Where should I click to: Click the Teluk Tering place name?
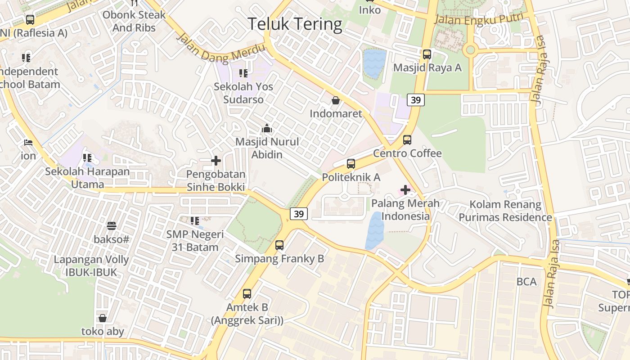click(x=295, y=23)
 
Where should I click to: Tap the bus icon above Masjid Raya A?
click(x=427, y=54)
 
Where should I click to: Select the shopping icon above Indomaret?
click(x=336, y=100)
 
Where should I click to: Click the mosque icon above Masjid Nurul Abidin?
click(x=267, y=129)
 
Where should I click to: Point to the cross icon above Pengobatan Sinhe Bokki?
click(x=216, y=161)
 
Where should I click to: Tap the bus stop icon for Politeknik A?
click(x=351, y=164)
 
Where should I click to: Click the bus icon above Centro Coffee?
click(x=407, y=140)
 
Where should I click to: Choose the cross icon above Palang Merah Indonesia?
click(x=405, y=190)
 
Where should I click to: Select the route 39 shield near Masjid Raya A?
click(x=416, y=100)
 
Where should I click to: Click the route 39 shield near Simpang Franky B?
click(x=299, y=214)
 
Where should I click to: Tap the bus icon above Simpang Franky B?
click(x=279, y=245)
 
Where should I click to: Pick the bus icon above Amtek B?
click(x=247, y=294)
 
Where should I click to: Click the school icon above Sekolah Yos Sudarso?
click(x=243, y=73)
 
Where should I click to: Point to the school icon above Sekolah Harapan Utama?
click(x=87, y=158)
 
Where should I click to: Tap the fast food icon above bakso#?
click(x=112, y=226)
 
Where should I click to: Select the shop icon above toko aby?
click(x=103, y=318)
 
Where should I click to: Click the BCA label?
click(x=526, y=282)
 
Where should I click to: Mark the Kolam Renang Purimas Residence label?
click(x=505, y=211)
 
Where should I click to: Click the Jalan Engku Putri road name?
click(x=479, y=18)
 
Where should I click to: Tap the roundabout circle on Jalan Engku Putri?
click(x=471, y=49)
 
